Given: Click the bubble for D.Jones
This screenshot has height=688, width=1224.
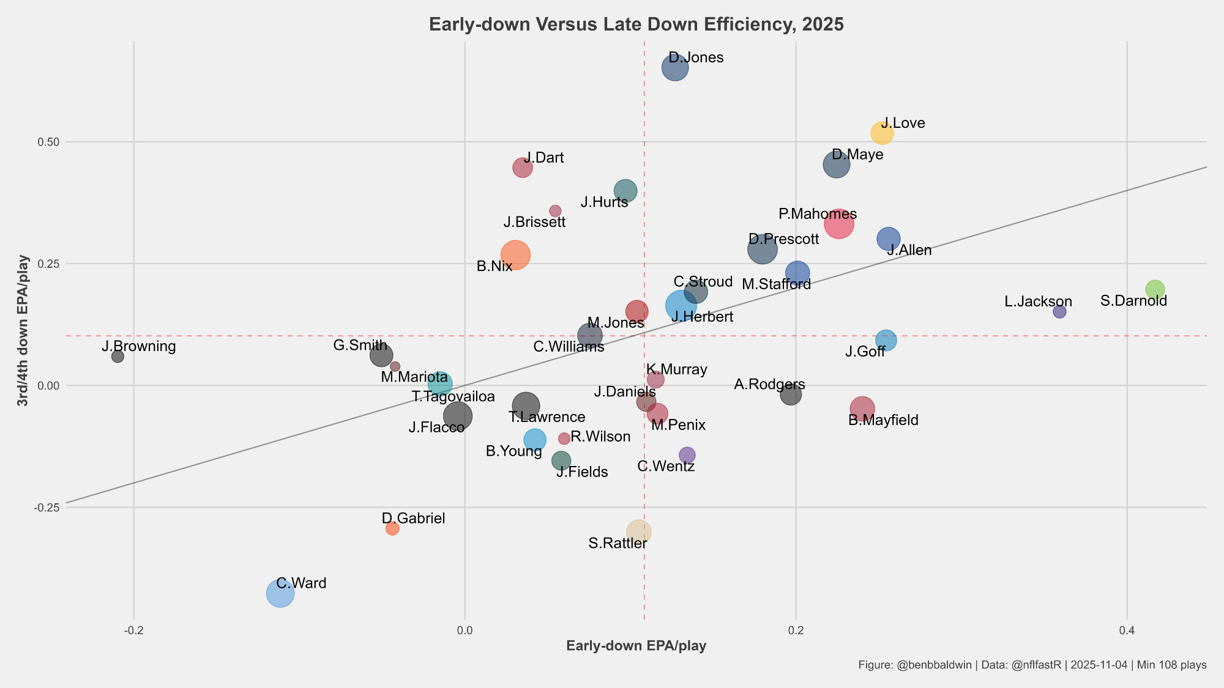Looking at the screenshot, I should coord(675,68).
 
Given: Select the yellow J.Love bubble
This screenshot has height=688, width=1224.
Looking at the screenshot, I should coord(882,133).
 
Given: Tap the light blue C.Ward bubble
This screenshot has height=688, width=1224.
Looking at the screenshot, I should coord(280,593).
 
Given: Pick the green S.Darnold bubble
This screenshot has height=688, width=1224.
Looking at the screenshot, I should coord(1155,289).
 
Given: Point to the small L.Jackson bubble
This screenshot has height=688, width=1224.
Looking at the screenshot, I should coord(1059,312).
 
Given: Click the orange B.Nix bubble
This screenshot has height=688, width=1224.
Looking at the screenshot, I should coord(515,255).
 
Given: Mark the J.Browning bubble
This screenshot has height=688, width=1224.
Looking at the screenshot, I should coord(118,357).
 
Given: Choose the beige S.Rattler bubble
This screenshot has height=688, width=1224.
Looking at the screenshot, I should coord(638,532).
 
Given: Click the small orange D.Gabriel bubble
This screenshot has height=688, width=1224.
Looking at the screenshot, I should coord(392,528).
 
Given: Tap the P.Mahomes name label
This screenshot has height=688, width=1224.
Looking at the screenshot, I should coord(818,214).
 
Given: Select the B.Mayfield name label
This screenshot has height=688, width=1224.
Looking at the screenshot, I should coord(883,421).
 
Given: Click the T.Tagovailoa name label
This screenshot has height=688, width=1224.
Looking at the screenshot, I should coord(453,397).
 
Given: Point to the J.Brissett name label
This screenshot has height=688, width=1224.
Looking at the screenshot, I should coord(534,222).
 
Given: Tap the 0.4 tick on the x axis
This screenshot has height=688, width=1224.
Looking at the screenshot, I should coord(1127,631).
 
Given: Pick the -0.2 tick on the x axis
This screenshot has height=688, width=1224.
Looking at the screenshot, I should coord(133,631).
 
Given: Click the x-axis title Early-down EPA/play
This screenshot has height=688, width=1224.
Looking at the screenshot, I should coord(636,646).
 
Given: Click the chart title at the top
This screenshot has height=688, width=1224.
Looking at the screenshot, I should coord(636,24).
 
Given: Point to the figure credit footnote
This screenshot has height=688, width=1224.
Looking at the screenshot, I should coord(1032,665).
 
